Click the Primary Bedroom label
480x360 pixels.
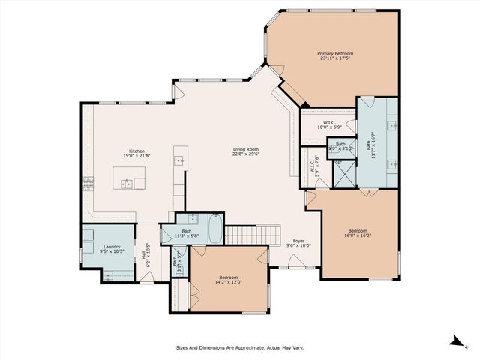tap(334, 54)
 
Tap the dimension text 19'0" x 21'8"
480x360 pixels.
tap(136, 155)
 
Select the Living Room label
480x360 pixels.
tap(245, 150)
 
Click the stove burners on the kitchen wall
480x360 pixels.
tap(88, 182)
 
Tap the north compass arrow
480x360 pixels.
tap(456, 340)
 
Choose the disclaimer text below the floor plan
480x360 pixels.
tap(239, 347)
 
